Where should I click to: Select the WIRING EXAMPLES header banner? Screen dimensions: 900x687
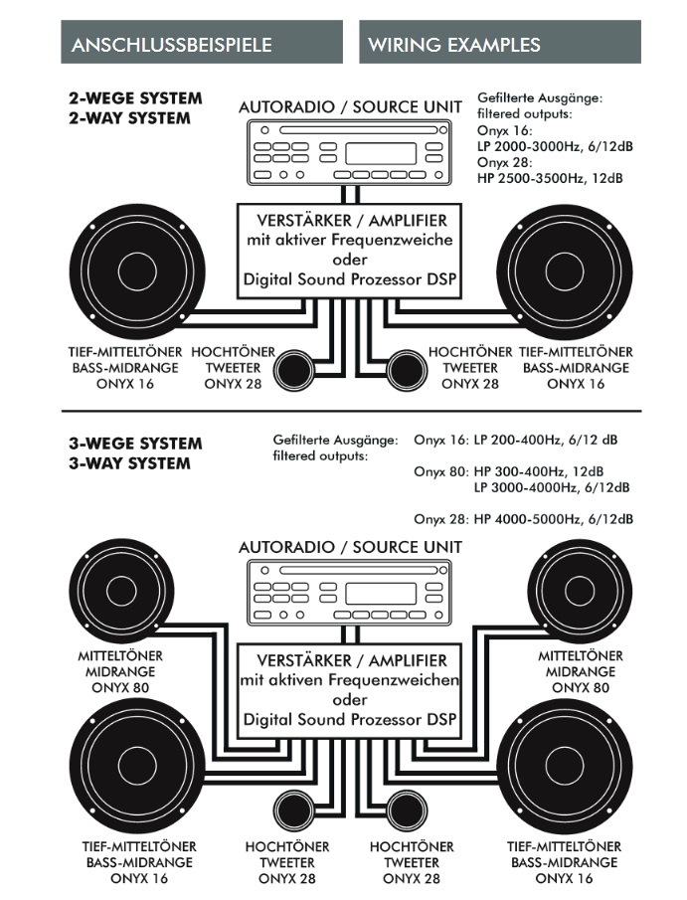point(500,44)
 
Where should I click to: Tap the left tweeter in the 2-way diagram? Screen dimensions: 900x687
point(294,369)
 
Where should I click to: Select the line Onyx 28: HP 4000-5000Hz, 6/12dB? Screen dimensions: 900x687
point(523,518)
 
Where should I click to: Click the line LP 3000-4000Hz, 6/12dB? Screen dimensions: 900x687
point(552,486)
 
